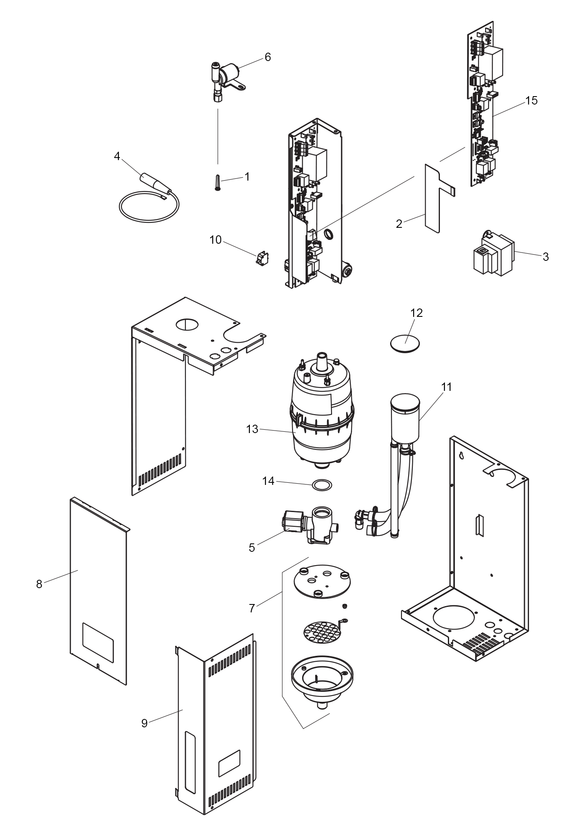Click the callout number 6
268,57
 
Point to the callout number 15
531,101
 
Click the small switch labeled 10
262,258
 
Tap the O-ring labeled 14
322,485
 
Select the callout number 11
447,387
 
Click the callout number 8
39,584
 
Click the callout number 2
399,224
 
